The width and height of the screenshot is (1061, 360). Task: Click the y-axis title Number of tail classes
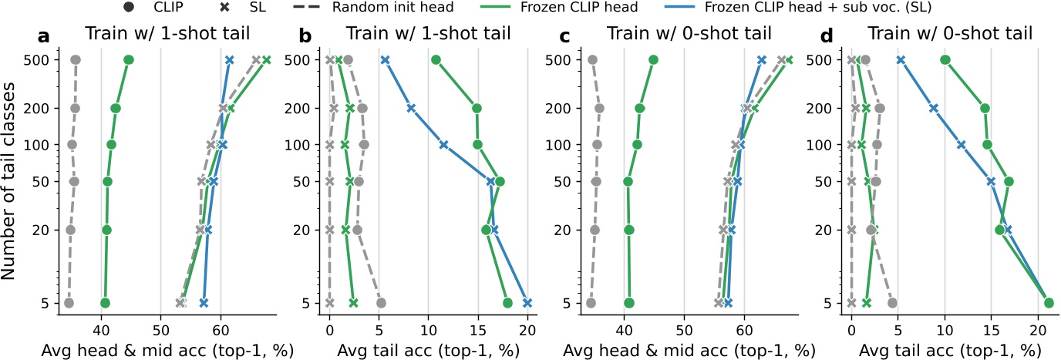click(x=11, y=181)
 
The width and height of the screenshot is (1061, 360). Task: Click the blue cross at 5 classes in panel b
click(x=527, y=303)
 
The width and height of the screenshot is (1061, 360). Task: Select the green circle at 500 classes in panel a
click(x=129, y=60)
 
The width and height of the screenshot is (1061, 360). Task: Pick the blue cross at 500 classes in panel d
click(x=900, y=60)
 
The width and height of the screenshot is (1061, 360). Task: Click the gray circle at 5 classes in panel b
click(x=380, y=303)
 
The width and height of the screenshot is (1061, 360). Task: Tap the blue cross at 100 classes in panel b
click(x=443, y=144)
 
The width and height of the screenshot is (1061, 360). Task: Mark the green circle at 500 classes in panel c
click(x=653, y=60)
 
